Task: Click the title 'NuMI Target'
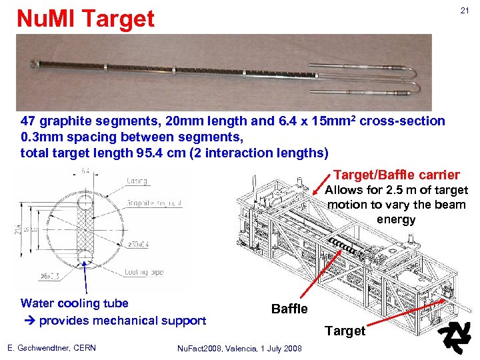click(x=85, y=19)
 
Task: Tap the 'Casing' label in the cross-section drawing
click(x=138, y=181)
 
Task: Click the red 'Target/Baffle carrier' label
click(x=396, y=175)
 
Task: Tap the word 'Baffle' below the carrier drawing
click(x=289, y=309)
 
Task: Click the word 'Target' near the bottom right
click(x=345, y=331)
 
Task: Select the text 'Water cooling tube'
click(x=74, y=303)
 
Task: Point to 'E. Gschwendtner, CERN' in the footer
click(x=51, y=347)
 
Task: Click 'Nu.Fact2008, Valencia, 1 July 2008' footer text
click(x=239, y=348)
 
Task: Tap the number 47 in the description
click(x=29, y=121)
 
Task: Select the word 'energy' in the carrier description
click(x=396, y=219)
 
